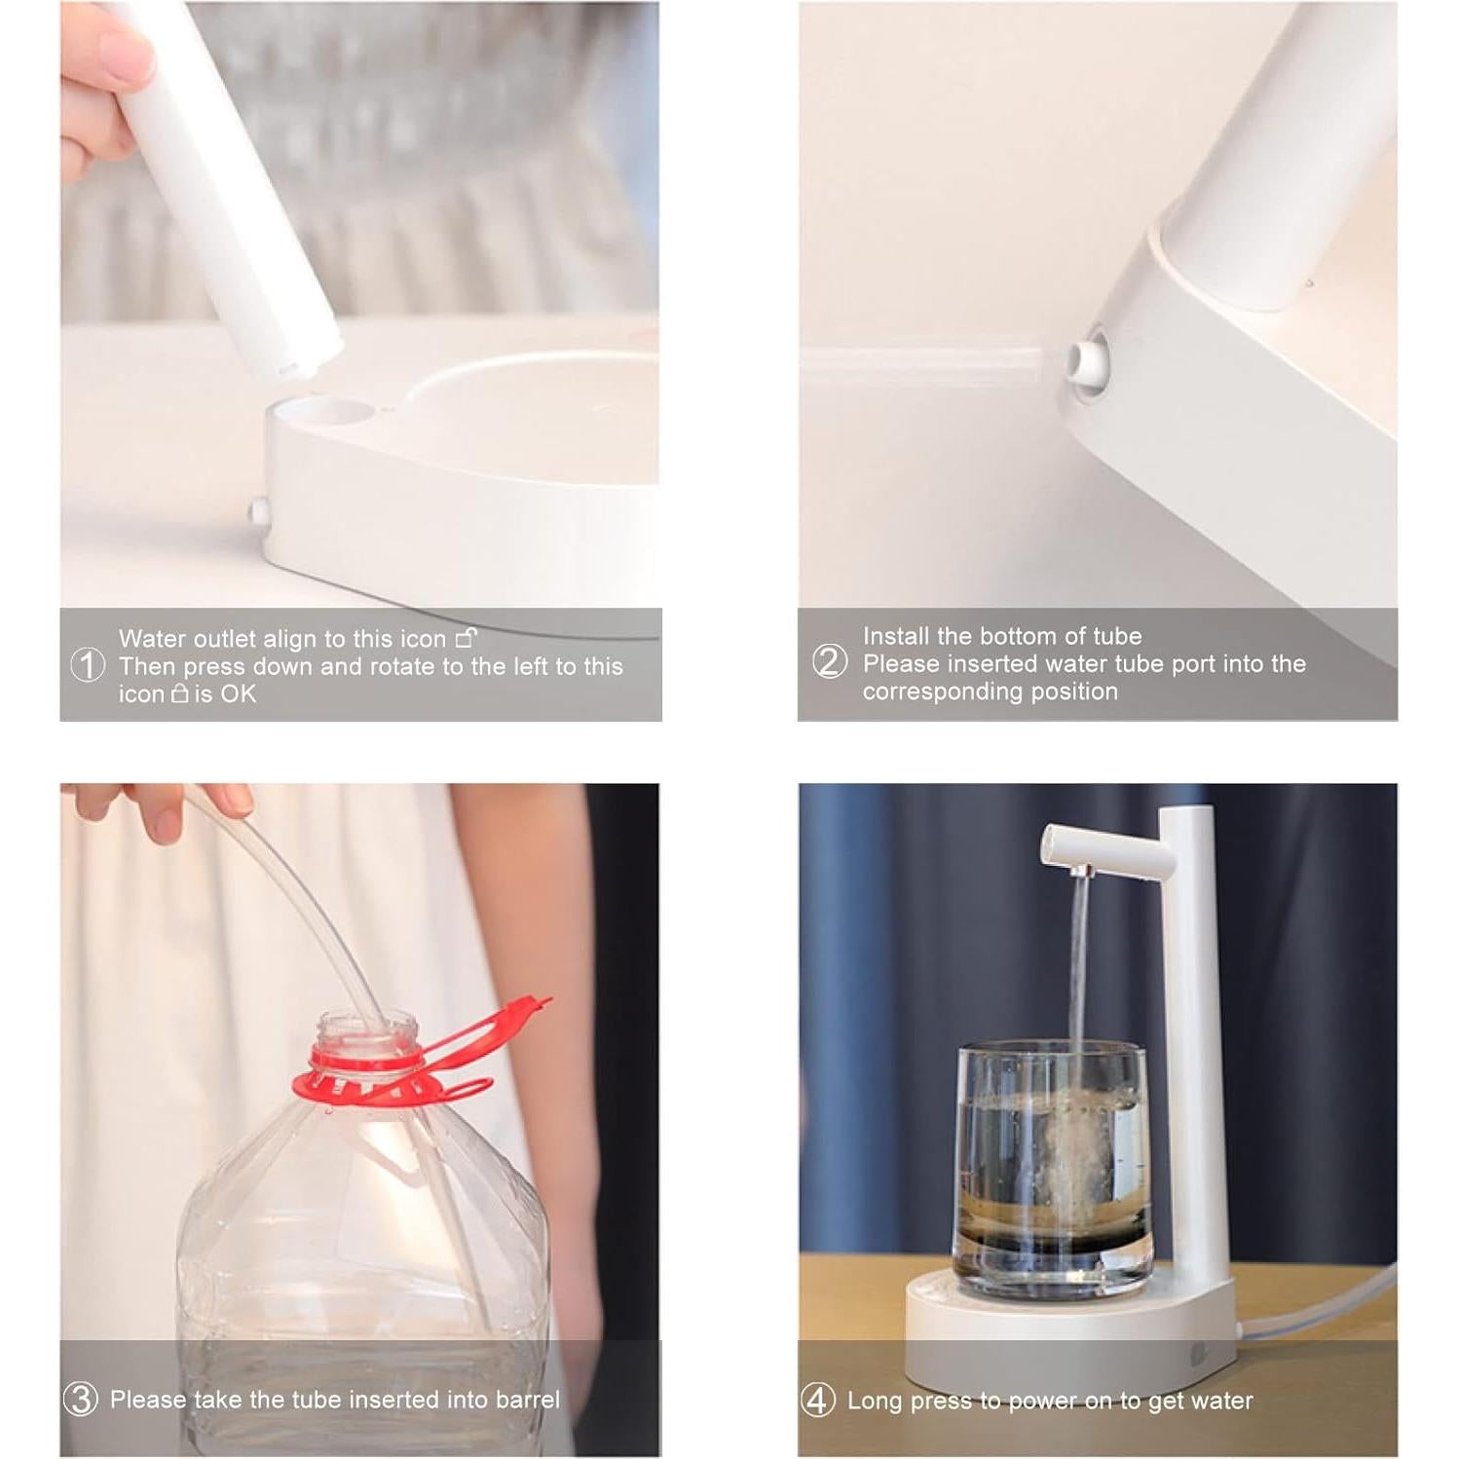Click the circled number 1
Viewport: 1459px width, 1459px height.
click(x=88, y=666)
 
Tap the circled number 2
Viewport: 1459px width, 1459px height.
click(x=830, y=661)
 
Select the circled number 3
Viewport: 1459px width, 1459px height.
click(x=81, y=1400)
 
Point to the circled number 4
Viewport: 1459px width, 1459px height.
click(x=818, y=1401)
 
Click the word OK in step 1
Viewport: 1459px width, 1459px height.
click(x=238, y=694)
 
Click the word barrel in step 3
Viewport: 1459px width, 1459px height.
click(x=528, y=1400)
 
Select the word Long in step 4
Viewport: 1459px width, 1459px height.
click(x=875, y=1402)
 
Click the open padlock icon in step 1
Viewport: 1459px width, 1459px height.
click(x=467, y=638)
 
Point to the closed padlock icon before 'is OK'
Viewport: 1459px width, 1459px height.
click(x=180, y=693)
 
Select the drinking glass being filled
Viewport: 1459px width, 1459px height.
click(x=1052, y=1169)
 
